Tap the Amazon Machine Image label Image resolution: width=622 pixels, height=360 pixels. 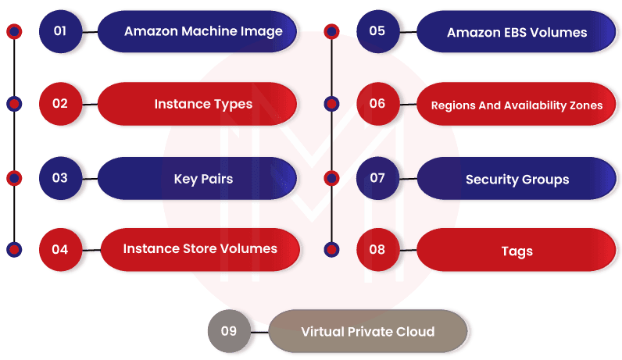(x=202, y=31)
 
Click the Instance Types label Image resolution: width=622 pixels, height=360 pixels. (x=202, y=104)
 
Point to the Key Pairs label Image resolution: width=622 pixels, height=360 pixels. (x=202, y=179)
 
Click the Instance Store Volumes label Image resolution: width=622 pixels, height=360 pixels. (x=200, y=249)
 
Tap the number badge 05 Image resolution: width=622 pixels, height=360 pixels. (x=377, y=31)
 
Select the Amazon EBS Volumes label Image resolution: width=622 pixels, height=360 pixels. (x=517, y=32)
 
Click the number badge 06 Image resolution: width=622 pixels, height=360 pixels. (x=377, y=103)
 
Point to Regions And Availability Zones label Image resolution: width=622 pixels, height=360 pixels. (x=517, y=105)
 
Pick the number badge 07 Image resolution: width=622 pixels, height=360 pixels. (x=377, y=178)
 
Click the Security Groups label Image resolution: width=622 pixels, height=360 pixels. (x=517, y=180)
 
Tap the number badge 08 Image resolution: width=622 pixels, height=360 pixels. (x=377, y=250)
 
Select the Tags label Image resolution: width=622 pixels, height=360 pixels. (x=517, y=251)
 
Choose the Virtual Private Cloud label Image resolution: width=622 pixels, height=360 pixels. (x=367, y=332)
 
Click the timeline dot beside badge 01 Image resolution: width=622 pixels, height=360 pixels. (x=14, y=31)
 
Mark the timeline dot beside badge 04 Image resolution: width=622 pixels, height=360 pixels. (x=14, y=250)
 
